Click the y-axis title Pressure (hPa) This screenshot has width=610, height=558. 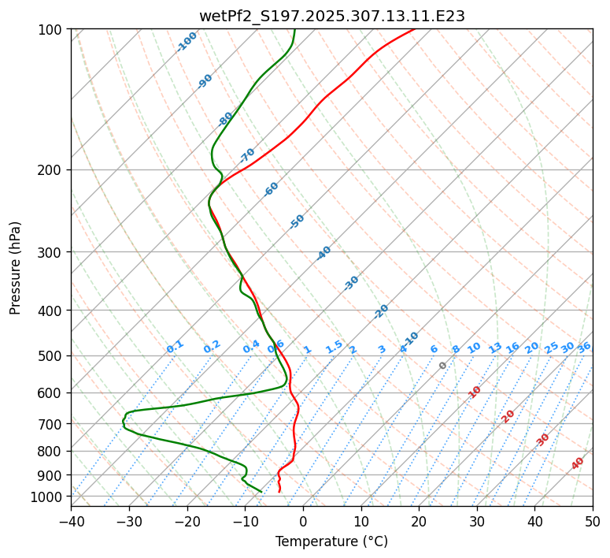[16, 268]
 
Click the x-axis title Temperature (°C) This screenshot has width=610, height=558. [331, 542]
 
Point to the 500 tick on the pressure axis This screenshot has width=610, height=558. [53, 356]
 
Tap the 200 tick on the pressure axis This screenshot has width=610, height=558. [53, 170]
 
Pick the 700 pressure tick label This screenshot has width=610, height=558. [53, 424]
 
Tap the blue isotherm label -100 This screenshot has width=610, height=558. [187, 42]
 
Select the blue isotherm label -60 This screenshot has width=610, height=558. [272, 189]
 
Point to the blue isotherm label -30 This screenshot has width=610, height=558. [351, 283]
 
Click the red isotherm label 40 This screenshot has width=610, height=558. [578, 463]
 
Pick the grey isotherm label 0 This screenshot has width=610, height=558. [443, 366]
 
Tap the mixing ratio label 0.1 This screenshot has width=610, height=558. [175, 347]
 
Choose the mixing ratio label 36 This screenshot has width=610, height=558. [584, 347]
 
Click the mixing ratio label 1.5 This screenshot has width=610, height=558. [334, 347]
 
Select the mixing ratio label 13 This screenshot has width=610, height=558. [495, 348]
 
